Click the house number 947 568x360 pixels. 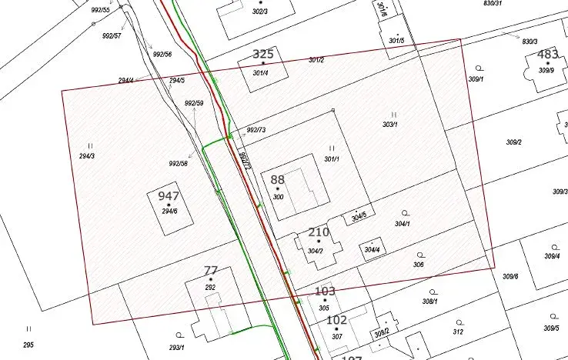tap(169, 196)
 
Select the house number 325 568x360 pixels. tap(263, 55)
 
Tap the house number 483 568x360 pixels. tap(547, 55)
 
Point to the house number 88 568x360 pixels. tap(277, 180)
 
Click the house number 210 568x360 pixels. tap(318, 232)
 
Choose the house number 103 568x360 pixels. tap(326, 292)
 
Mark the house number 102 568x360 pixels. tap(336, 320)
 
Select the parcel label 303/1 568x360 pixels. tap(390, 125)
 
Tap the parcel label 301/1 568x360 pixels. tap(332, 159)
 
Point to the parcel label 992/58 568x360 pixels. tap(178, 163)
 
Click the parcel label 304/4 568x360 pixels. tap(372, 250)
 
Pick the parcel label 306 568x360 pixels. tap(419, 265)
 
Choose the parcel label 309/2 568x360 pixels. tap(513, 142)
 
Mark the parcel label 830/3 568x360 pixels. tap(530, 41)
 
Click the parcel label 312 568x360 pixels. tap(458, 332)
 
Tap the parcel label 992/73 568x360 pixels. tap(256, 130)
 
